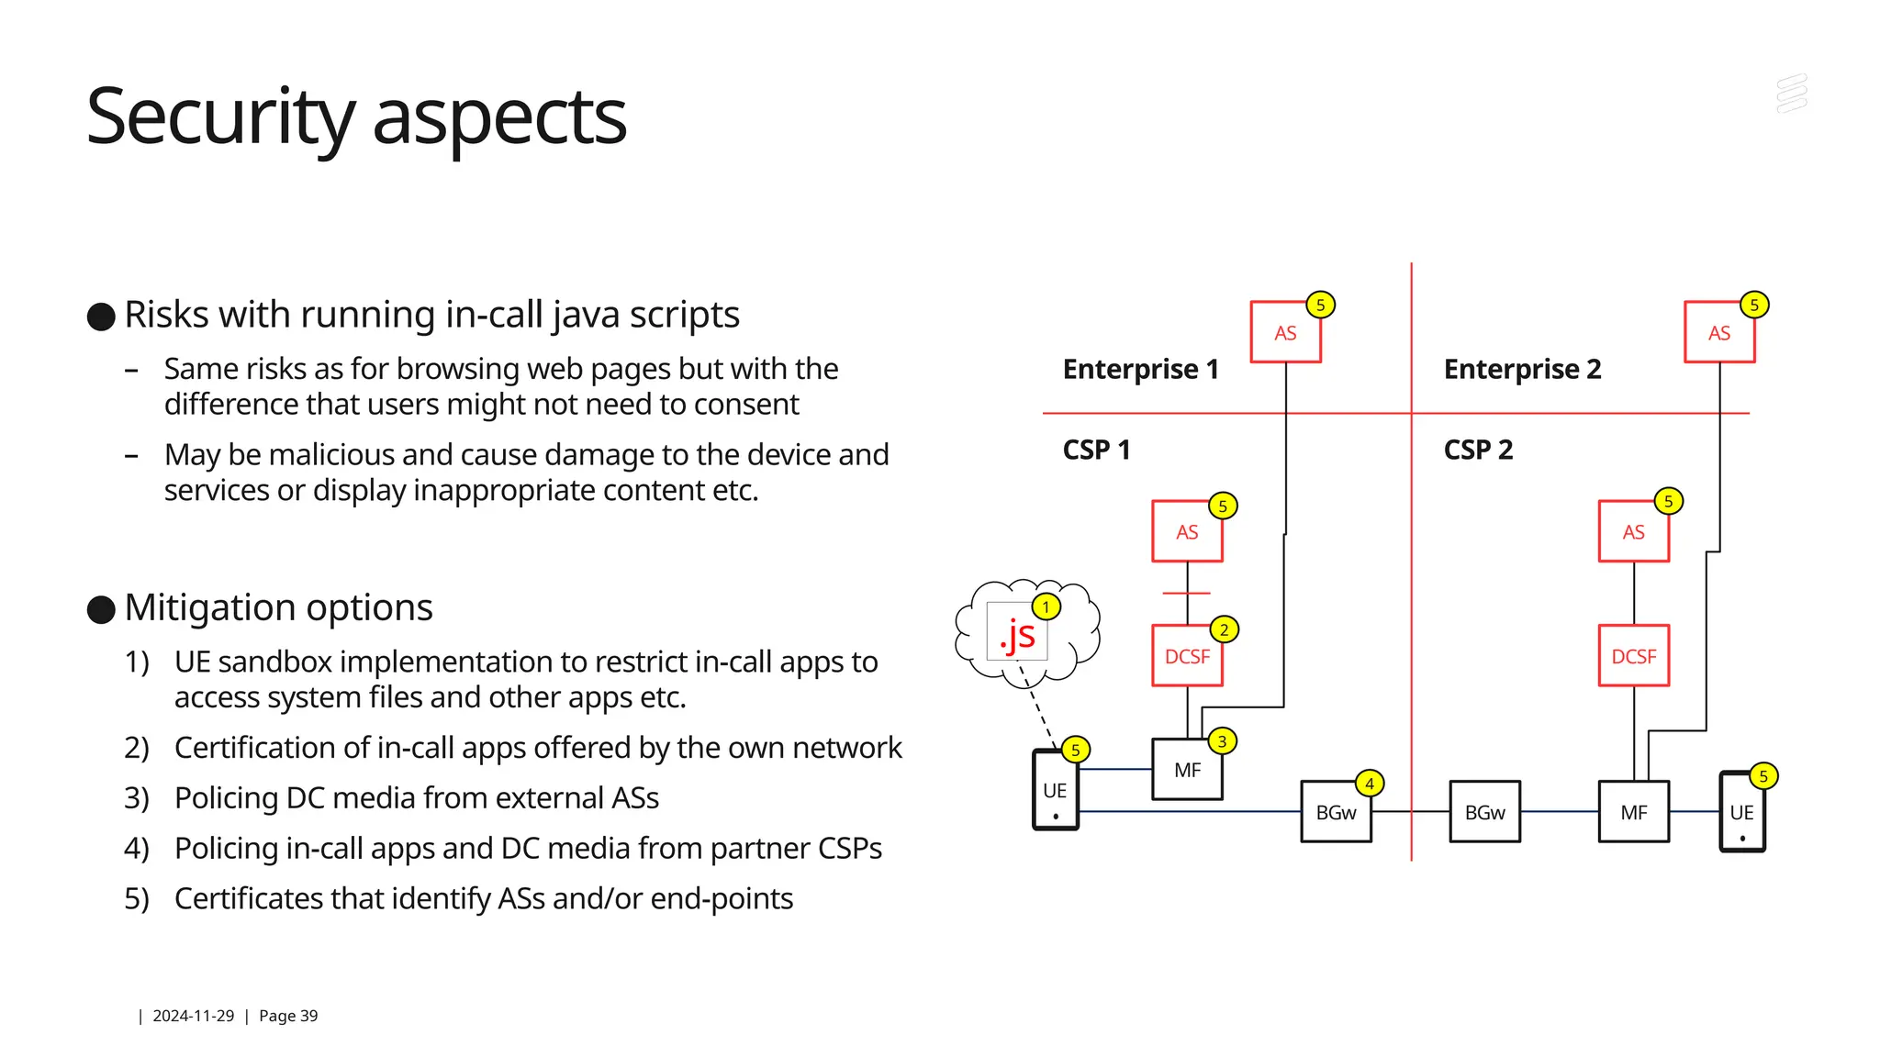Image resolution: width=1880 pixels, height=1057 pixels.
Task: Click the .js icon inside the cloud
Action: tap(1016, 634)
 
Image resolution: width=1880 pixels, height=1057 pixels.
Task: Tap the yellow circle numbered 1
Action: tap(1046, 607)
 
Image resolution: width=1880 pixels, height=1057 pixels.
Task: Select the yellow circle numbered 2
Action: tap(1224, 629)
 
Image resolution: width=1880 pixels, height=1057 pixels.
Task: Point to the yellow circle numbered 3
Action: tap(1222, 741)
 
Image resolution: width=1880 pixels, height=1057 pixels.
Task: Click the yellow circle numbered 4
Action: tap(1369, 784)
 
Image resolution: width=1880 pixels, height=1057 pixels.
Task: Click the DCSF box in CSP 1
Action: tap(1187, 656)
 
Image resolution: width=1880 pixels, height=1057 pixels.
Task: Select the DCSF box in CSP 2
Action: tap(1633, 656)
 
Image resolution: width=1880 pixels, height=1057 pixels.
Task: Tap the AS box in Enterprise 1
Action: tap(1285, 333)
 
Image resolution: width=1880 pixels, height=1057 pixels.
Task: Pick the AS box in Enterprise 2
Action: tap(1718, 333)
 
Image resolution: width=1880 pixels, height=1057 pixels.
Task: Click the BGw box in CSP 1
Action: tap(1336, 812)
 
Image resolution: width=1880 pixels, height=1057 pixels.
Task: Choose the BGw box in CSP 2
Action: tap(1484, 812)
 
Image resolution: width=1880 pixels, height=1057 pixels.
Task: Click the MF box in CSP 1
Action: tap(1187, 770)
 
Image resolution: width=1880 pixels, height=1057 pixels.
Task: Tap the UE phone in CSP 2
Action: tap(1741, 812)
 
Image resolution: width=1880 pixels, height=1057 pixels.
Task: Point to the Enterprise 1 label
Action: tap(1140, 369)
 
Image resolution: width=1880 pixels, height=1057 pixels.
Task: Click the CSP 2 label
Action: tap(1478, 450)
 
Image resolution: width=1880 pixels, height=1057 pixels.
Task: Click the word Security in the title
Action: tap(219, 117)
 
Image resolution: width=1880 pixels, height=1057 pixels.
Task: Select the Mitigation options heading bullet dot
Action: tap(101, 609)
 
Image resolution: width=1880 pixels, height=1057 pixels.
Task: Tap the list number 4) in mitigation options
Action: tap(136, 849)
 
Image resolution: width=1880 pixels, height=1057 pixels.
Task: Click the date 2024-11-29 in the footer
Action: tap(193, 1016)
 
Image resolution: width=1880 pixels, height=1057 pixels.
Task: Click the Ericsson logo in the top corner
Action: tap(1791, 94)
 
